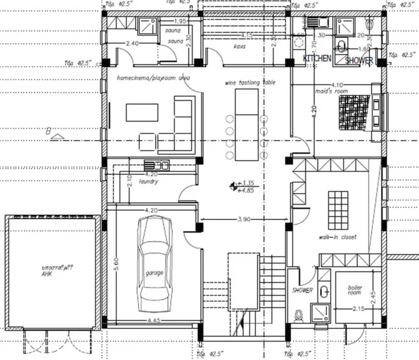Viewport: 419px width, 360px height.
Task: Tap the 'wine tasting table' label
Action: pos(250,82)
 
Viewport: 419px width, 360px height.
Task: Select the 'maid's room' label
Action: pos(338,92)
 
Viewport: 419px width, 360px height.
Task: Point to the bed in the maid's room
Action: pos(355,112)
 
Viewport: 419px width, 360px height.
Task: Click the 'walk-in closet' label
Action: pos(338,237)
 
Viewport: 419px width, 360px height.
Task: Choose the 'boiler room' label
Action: pos(355,290)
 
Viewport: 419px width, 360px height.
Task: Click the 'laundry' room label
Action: pos(148,181)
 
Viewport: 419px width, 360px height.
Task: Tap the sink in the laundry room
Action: pos(157,165)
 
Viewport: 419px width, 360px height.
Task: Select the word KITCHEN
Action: pos(317,58)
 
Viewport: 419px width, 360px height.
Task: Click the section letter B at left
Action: pos(49,131)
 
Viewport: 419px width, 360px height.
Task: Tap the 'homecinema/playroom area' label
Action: pos(153,78)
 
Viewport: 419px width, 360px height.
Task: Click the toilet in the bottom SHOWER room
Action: pos(298,314)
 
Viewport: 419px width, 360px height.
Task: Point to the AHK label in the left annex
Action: pos(46,274)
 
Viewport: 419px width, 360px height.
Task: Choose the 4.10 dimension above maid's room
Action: pos(337,85)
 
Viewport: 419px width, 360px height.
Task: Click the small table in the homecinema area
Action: pos(142,112)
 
